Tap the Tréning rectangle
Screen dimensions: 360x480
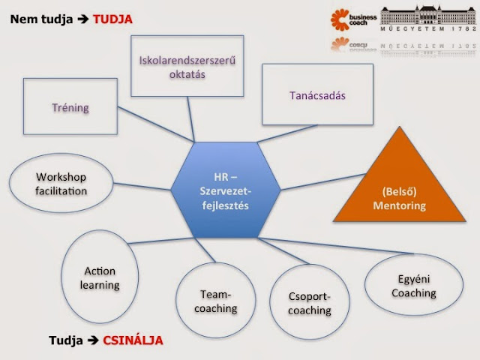[x=70, y=107]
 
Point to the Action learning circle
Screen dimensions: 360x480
[x=100, y=277]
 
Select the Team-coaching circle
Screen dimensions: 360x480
[x=219, y=301]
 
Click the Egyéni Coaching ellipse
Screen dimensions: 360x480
[x=413, y=286]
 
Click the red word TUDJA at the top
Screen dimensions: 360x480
[x=112, y=19]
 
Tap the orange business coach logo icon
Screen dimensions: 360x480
[x=342, y=18]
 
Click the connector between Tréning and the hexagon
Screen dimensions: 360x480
[x=150, y=127]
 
